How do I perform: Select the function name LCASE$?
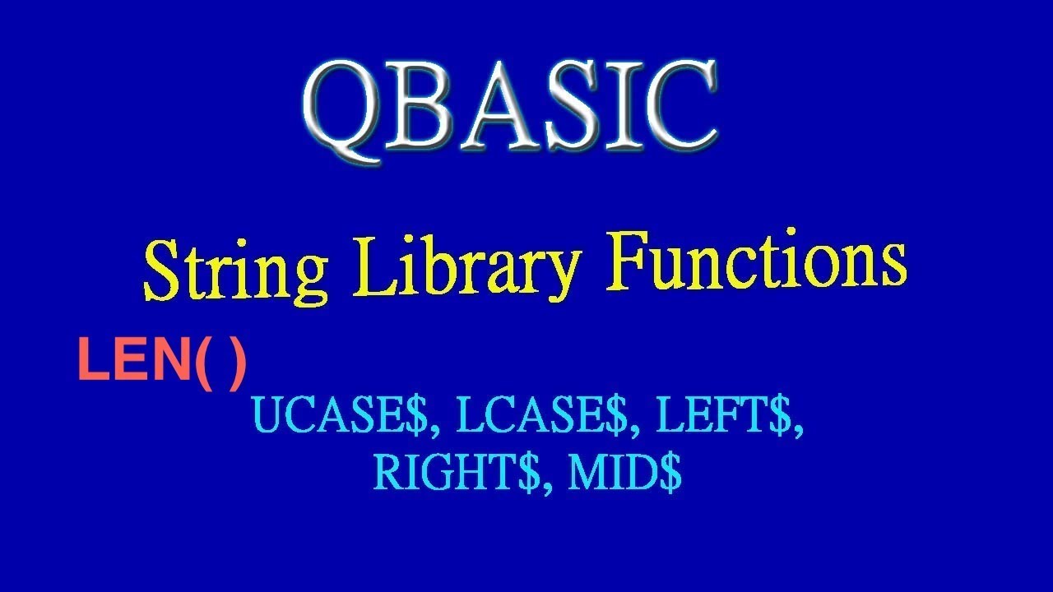tap(543, 419)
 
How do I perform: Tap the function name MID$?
tap(624, 473)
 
